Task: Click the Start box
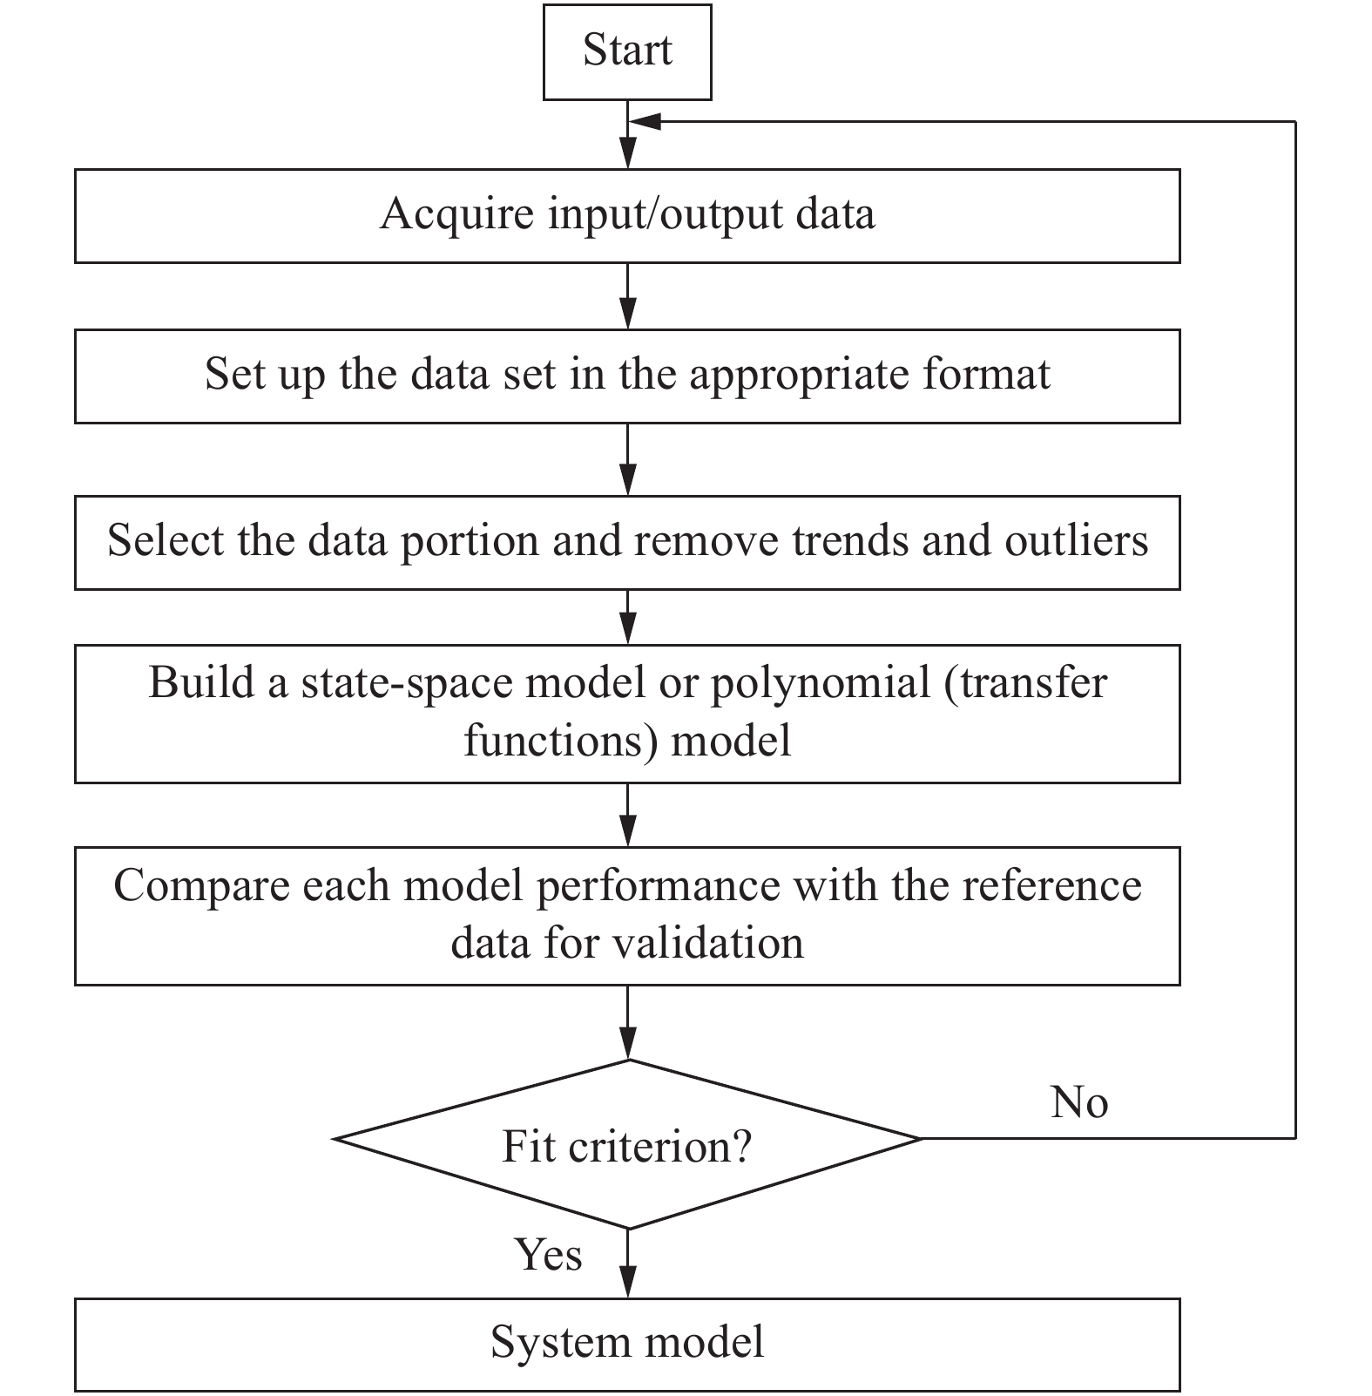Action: [x=626, y=51]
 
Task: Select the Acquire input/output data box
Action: [x=626, y=215]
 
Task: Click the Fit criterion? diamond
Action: [x=626, y=1145]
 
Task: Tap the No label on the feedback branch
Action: [x=1078, y=1102]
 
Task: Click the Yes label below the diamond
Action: [x=548, y=1255]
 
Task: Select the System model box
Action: [x=626, y=1343]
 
